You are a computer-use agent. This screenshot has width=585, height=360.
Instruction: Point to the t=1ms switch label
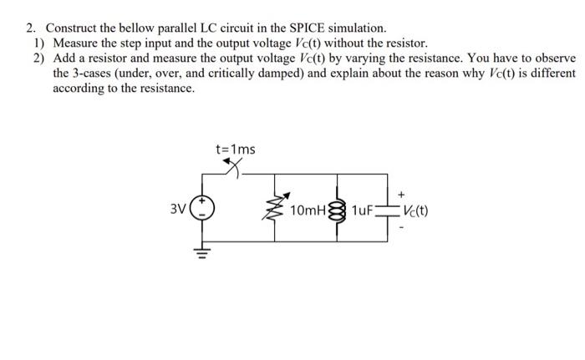click(235, 150)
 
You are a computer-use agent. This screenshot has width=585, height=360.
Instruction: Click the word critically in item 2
click(242, 73)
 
